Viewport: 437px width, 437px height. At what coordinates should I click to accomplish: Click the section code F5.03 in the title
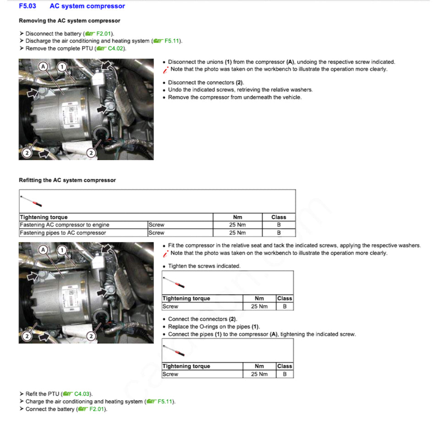click(x=27, y=6)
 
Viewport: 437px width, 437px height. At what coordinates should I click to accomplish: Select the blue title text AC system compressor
click(x=87, y=6)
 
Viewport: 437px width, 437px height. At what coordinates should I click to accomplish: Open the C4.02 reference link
click(x=115, y=49)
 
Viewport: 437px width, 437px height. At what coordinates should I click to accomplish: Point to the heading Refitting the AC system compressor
click(x=67, y=180)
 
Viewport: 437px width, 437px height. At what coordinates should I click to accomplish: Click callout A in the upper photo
click(x=44, y=66)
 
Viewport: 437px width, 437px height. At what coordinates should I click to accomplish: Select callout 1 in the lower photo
click(x=62, y=250)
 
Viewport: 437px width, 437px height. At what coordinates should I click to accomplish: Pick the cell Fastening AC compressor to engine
click(x=64, y=225)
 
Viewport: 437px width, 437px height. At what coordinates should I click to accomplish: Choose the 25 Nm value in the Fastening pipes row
click(x=237, y=233)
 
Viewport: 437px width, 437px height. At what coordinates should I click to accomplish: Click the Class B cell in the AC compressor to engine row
click(x=279, y=225)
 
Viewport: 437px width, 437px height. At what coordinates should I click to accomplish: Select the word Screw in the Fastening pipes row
click(x=156, y=233)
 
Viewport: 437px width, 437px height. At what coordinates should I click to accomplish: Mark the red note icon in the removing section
click(x=165, y=70)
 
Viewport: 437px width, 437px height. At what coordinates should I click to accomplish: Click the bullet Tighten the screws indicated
click(x=204, y=266)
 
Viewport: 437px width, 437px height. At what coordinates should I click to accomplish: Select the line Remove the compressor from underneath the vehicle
click(x=235, y=97)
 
